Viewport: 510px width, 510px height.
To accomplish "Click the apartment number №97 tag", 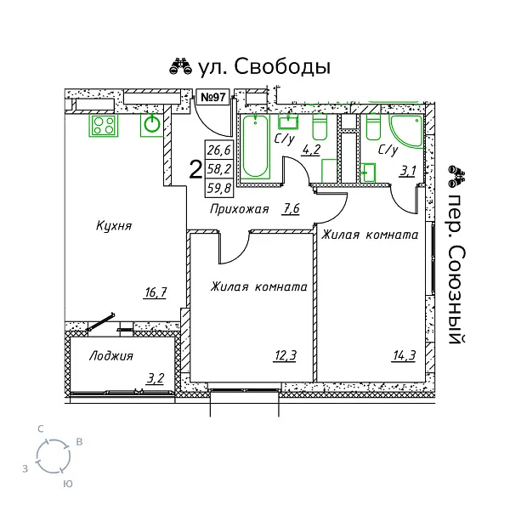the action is pos(213,97).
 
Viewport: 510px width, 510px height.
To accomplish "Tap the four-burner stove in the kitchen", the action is pos(104,126).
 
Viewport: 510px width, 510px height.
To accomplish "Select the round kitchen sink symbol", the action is pos(151,125).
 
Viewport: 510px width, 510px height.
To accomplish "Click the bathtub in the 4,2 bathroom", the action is pos(256,146).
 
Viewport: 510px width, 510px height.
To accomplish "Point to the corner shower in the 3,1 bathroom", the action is pos(407,131).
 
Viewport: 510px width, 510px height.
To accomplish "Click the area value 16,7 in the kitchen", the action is pos(156,292).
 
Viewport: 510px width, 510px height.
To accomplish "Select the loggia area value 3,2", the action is pos(156,378).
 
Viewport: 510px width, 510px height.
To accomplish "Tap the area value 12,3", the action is pos(286,355).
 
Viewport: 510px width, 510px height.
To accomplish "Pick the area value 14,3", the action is pos(405,355).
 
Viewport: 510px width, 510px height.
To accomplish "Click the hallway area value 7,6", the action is pos(291,208).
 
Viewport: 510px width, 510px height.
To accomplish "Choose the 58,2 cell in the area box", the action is pos(219,169).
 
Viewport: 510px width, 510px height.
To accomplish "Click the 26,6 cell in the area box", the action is pos(219,150).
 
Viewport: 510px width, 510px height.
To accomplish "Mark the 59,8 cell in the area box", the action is pos(219,188).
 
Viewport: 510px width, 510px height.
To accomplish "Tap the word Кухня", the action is pos(114,226).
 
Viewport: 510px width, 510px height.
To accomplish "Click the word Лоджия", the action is pos(111,356).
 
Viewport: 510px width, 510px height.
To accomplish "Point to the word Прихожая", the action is pos(240,209).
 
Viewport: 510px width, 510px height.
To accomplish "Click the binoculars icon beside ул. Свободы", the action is pos(180,66).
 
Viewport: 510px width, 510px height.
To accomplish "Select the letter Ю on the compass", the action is pos(68,484).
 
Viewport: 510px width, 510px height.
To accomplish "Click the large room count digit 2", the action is pos(195,170).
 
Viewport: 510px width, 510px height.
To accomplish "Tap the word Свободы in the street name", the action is pos(282,66).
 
